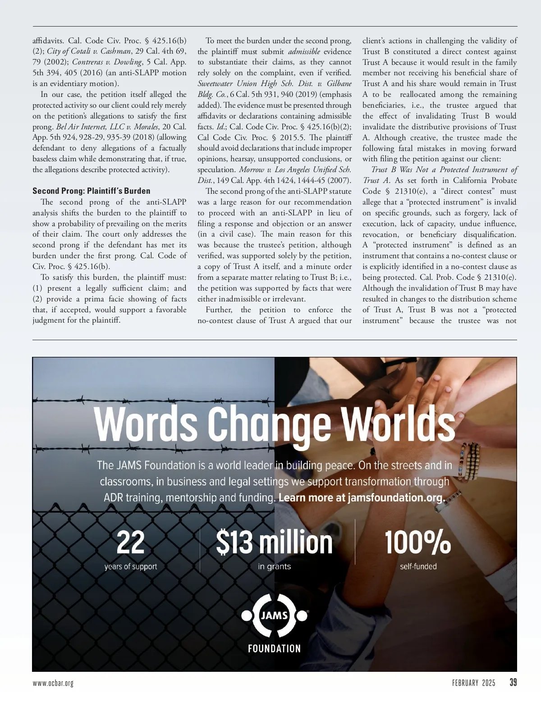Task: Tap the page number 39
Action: click(513, 683)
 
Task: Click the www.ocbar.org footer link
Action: click(53, 683)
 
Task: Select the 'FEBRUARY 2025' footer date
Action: click(473, 683)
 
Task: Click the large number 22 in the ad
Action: click(131, 542)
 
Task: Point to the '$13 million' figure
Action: click(274, 542)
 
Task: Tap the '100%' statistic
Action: click(417, 542)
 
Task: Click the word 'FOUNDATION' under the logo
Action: click(274, 649)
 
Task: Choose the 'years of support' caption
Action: click(131, 566)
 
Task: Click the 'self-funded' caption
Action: click(418, 566)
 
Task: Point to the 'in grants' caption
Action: click(274, 566)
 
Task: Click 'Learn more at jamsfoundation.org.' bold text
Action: click(362, 498)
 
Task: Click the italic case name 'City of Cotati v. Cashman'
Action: click(89, 51)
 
